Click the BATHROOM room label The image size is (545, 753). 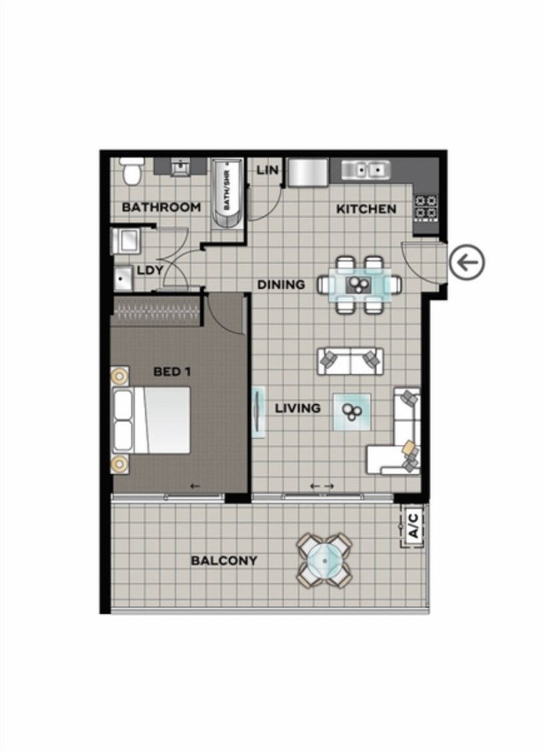161,208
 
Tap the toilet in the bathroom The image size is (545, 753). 130,172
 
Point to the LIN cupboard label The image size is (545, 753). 267,170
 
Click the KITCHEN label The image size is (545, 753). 366,209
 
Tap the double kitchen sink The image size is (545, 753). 365,170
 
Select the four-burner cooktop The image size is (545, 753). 426,207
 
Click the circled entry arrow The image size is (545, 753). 467,262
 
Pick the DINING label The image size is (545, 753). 281,285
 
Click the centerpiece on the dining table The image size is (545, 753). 358,284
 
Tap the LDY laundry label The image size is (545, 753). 150,270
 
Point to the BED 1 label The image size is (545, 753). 172,372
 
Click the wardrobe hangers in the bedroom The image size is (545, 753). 155,313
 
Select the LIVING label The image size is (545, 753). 298,409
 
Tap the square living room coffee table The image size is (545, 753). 352,411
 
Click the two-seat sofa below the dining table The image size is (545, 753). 350,362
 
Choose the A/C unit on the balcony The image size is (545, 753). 413,526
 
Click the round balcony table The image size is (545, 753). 325,561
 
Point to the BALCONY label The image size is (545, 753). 224,561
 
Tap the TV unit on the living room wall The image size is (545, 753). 259,412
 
